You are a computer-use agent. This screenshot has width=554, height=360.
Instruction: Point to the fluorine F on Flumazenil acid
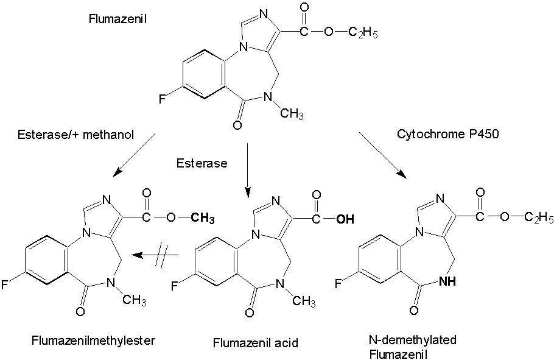tap(174, 284)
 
